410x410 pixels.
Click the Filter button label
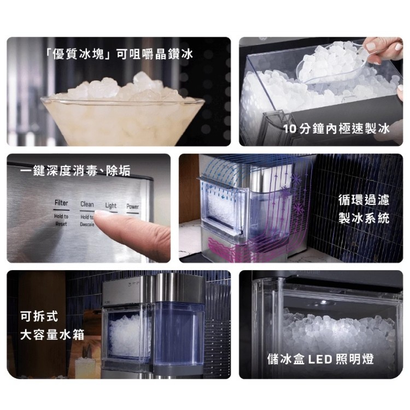coord(61,203)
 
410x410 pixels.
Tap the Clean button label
coord(87,204)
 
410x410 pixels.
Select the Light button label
coord(110,206)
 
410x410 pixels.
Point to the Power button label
coord(132,207)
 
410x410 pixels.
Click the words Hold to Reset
coord(61,220)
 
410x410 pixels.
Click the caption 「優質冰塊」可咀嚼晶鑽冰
coord(119,54)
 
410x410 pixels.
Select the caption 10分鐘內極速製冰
coord(336,129)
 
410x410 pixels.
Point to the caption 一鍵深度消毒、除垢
coord(75,171)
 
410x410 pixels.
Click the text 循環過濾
coord(364,200)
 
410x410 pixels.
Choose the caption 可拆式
coord(39,317)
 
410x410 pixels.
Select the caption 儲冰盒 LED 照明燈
coord(320,359)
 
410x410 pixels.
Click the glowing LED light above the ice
coord(324,302)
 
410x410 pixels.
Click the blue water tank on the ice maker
coord(179,333)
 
